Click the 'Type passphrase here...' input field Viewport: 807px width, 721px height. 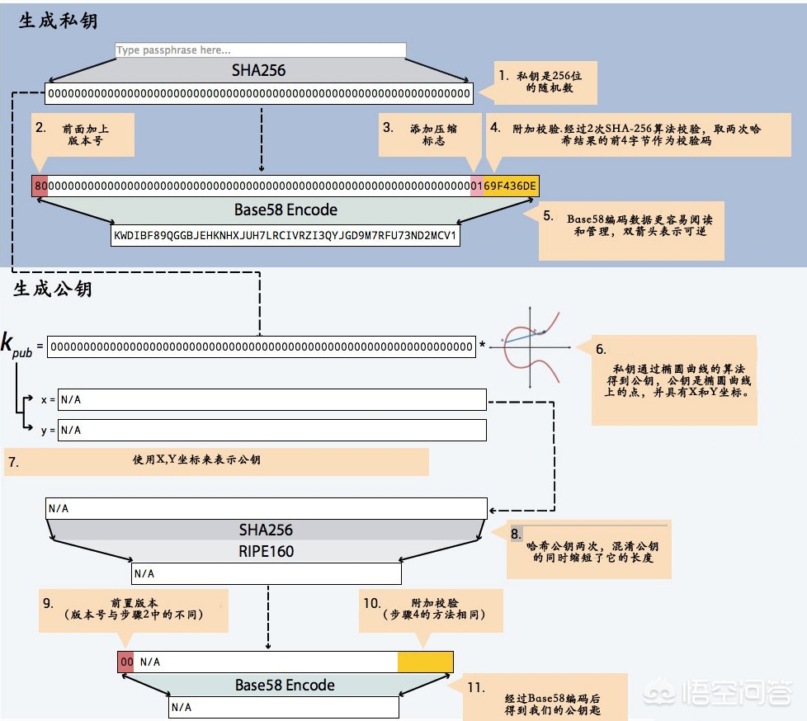260,50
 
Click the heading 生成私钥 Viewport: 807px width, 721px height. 58,21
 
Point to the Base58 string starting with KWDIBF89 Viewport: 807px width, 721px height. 285,235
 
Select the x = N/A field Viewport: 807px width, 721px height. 271,400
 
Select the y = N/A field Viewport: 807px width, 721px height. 271,430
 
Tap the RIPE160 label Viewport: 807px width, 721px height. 266,551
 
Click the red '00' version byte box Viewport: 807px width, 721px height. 125,662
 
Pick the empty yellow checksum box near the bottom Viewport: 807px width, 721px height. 425,662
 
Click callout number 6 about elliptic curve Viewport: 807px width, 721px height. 673,379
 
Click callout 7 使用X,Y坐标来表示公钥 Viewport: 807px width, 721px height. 216,461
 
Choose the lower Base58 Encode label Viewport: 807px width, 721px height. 285,685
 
